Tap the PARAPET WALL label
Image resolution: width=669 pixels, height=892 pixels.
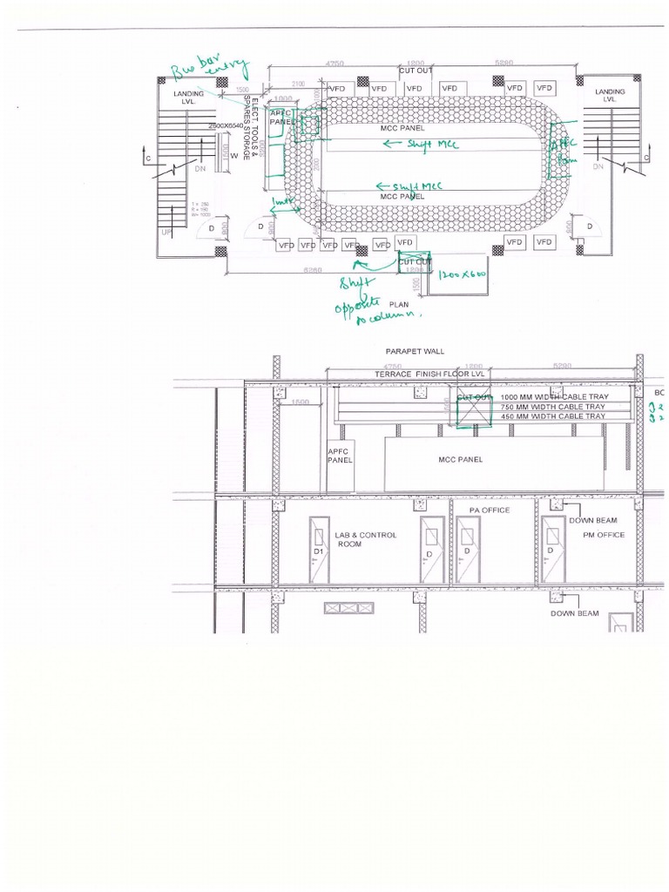pyautogui.click(x=415, y=351)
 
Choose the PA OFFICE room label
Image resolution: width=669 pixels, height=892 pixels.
pyautogui.click(x=490, y=510)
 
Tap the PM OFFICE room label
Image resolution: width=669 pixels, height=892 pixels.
pyautogui.click(x=604, y=535)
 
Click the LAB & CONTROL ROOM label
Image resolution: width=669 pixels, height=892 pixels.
pyautogui.click(x=365, y=539)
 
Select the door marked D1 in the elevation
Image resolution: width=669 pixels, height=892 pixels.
pyautogui.click(x=319, y=550)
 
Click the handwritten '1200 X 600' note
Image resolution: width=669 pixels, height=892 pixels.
pyautogui.click(x=463, y=274)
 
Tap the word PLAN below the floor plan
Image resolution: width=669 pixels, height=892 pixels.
pyautogui.click(x=399, y=305)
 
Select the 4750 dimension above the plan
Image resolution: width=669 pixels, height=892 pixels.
pyautogui.click(x=334, y=64)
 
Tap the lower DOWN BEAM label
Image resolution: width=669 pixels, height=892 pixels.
pyautogui.click(x=576, y=613)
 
